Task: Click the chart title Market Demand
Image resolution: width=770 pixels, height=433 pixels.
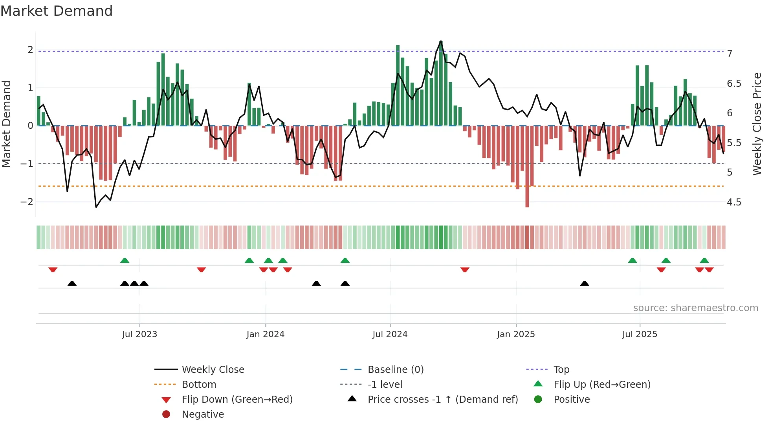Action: coord(57,11)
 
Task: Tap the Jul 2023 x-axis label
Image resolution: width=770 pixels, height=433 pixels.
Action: coord(139,334)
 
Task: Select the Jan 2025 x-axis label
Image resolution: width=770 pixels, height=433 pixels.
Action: coord(515,334)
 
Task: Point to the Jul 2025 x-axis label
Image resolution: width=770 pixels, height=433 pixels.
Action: coord(639,334)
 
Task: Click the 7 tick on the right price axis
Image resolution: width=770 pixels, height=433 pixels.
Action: coord(730,54)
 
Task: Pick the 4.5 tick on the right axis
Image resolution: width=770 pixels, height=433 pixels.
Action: coord(733,202)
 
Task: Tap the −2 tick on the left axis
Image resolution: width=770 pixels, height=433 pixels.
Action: coord(27,202)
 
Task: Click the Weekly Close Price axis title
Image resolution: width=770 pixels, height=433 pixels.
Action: coord(757,124)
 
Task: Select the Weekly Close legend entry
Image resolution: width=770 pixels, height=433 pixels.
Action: coord(213,370)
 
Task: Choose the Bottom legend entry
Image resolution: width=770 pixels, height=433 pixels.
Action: coord(199,385)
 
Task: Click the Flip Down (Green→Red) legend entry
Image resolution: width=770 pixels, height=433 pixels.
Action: coord(237,400)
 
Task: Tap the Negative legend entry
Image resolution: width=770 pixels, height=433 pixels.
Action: coord(203,415)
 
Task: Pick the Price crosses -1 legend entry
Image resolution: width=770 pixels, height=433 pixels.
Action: coord(442,400)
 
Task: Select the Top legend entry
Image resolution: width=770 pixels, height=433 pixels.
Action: coord(561,370)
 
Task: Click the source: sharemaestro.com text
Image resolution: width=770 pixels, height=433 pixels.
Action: coord(695,308)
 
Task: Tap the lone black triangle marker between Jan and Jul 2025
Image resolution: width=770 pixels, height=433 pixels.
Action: coord(585,284)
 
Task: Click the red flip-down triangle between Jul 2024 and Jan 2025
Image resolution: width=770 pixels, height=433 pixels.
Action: coord(465,270)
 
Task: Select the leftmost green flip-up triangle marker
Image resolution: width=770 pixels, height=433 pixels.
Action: coord(125,261)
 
